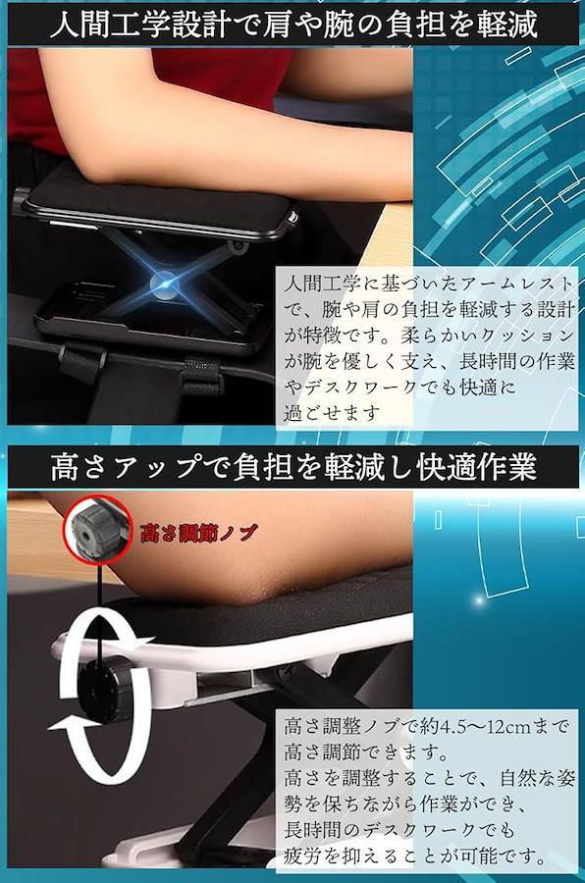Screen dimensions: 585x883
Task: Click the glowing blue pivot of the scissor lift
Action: [x=165, y=286]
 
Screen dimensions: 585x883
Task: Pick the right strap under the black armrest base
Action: [x=202, y=375]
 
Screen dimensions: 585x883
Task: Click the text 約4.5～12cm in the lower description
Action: [x=477, y=727]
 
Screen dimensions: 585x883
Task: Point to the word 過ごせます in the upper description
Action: [x=330, y=413]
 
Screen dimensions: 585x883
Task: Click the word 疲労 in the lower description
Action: [x=303, y=857]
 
